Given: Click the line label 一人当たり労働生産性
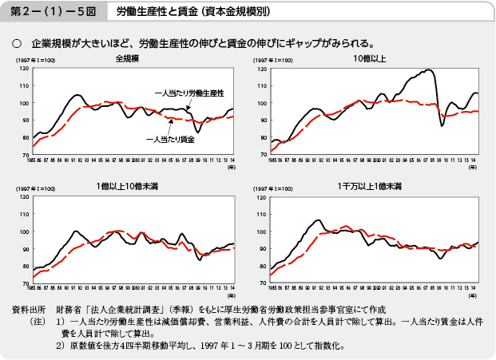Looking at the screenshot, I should coord(188,93).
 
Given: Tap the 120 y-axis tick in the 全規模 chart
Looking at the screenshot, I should coord(24,69).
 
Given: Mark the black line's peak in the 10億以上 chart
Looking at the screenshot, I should coord(431,70).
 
